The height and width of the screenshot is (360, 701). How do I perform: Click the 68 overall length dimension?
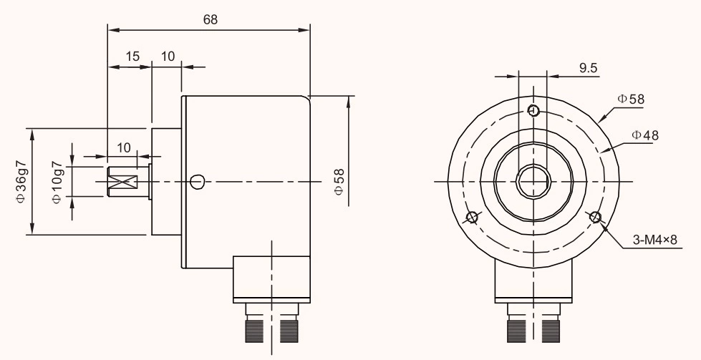point(210,20)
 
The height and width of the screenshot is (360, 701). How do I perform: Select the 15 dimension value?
point(132,57)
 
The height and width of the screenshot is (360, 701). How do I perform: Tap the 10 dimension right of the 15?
point(168,57)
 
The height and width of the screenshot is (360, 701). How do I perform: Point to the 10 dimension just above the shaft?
point(124,147)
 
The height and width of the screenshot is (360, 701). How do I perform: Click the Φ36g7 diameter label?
point(21,181)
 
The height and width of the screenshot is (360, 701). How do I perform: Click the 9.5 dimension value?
point(589,68)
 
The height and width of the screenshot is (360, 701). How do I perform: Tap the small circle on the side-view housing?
point(198,181)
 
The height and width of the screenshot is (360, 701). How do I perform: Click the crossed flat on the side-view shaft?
point(127,181)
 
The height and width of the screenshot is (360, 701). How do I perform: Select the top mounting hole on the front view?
point(533,110)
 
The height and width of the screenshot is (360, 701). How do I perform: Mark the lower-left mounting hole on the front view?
point(471,218)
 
